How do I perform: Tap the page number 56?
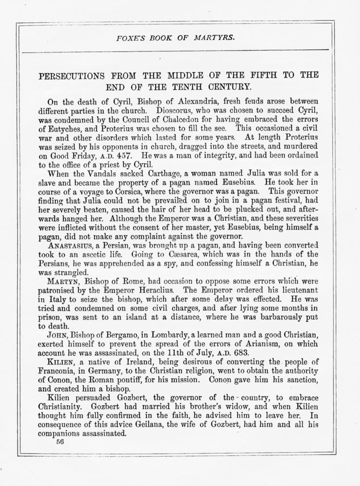tap(60, 442)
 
